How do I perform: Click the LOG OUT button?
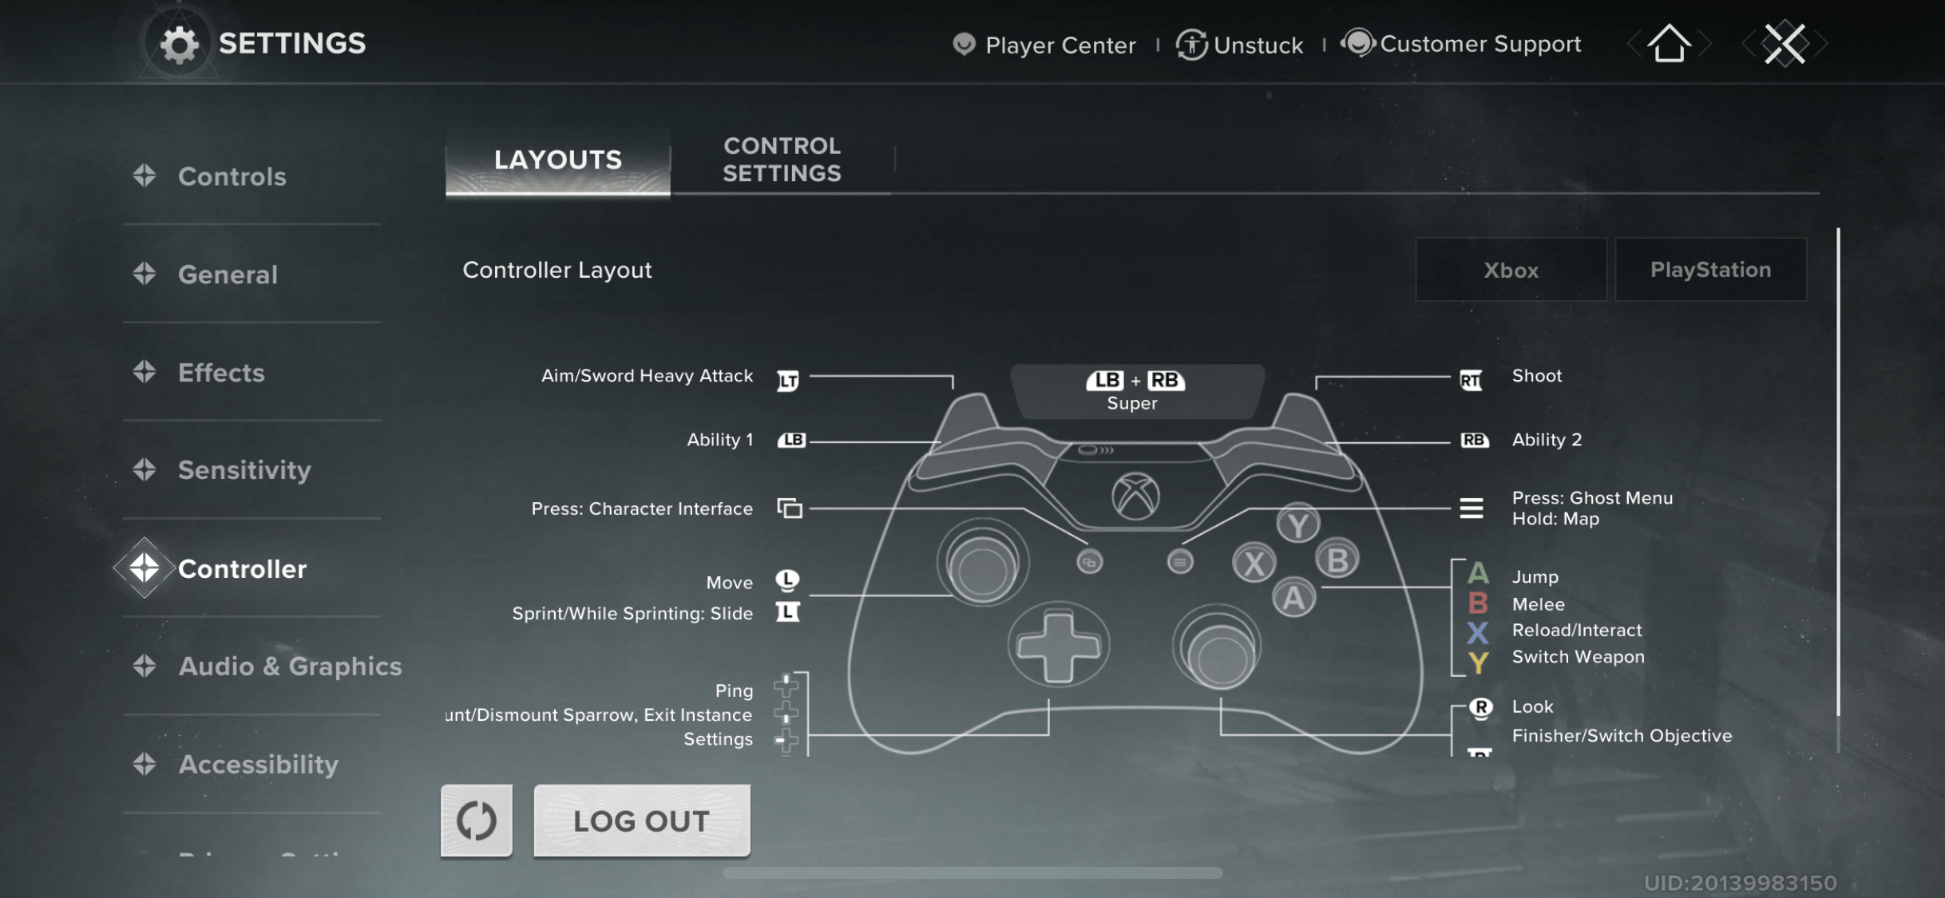point(641,821)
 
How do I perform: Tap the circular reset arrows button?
point(477,821)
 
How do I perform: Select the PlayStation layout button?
point(1710,270)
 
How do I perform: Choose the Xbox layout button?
point(1511,270)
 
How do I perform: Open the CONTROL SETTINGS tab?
point(782,160)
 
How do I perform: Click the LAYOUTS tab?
point(558,160)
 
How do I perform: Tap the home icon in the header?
point(1669,43)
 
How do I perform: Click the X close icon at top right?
point(1785,43)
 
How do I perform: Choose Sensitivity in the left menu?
point(244,470)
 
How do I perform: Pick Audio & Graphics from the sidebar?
point(289,667)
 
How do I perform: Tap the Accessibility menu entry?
point(258,765)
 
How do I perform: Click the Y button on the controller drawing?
point(1297,524)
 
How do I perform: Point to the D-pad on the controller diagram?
point(1059,645)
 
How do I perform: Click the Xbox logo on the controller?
point(1135,496)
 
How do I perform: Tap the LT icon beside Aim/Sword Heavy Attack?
point(788,381)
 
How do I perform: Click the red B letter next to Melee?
point(1478,603)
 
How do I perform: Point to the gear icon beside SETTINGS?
point(180,44)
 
